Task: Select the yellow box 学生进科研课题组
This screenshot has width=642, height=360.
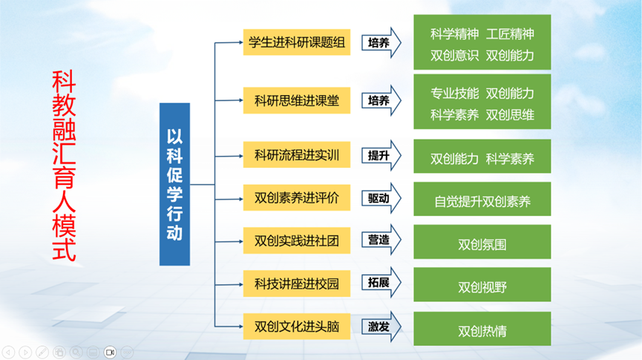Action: tap(296, 42)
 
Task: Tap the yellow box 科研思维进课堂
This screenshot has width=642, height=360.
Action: tap(296, 100)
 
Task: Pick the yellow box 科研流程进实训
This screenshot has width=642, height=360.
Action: tap(296, 156)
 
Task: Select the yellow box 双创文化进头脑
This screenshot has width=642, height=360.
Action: tap(296, 326)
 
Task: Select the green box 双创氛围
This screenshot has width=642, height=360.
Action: tap(482, 243)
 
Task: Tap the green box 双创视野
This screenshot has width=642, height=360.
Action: tap(482, 286)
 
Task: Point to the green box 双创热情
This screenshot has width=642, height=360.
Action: tap(482, 329)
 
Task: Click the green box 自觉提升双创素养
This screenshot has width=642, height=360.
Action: tap(482, 200)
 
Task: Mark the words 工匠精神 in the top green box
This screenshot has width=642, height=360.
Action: tap(510, 34)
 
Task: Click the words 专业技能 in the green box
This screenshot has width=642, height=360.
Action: tap(454, 94)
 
